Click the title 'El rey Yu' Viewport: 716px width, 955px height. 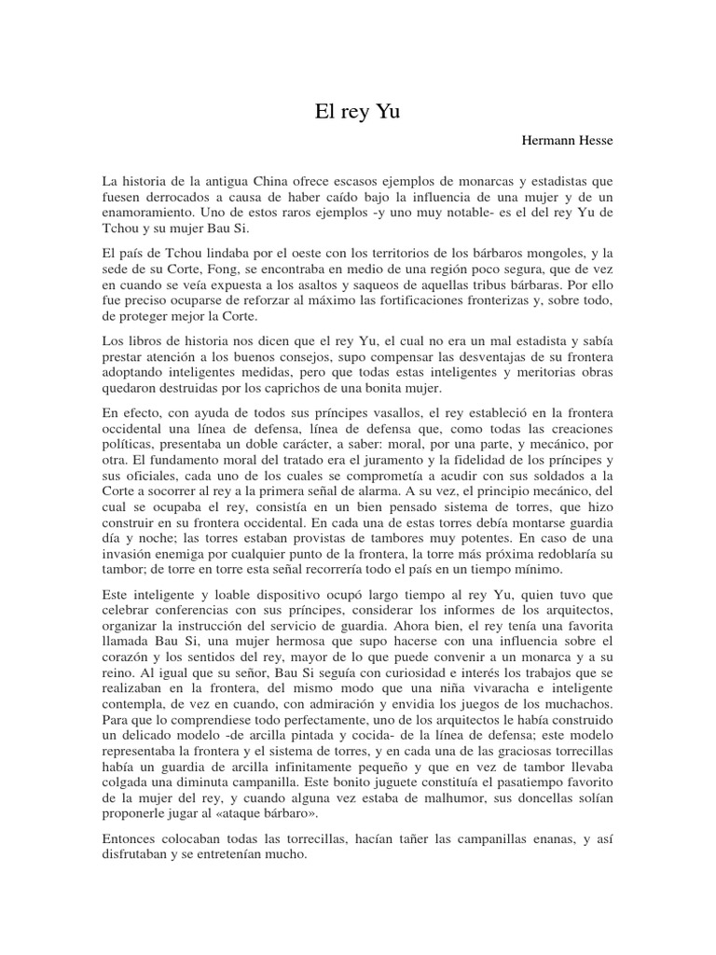[358, 113]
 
